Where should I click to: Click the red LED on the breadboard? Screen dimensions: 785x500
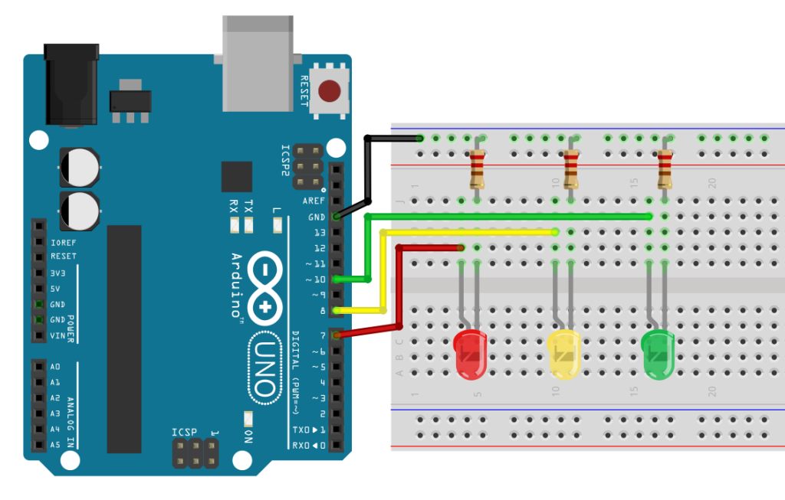470,354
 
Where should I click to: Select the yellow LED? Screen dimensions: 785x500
564,354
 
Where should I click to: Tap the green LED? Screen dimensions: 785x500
658,354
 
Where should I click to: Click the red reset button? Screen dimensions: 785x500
329,91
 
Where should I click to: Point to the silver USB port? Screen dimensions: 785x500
258,64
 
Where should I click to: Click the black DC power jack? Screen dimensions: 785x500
71,84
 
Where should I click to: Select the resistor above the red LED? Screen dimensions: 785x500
477,169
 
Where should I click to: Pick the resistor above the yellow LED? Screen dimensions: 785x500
570,169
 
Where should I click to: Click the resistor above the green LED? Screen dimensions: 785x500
665,169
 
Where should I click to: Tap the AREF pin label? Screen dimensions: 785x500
314,201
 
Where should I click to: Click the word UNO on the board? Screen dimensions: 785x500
264,368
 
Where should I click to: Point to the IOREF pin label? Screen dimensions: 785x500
64,243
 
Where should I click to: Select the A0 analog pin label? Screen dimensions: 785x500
55,367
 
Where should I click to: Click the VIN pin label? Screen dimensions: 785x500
57,335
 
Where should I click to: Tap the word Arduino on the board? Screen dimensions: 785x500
236,286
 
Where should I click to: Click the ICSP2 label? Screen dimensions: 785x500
285,160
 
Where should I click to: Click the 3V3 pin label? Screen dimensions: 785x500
58,273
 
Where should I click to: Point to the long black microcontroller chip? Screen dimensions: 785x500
124,339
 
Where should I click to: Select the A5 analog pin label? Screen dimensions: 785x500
55,445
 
